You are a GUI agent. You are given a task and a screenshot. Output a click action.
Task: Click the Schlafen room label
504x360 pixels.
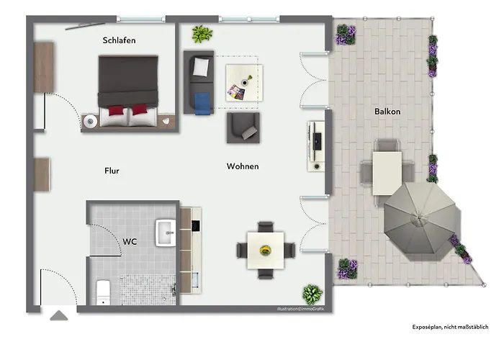120,41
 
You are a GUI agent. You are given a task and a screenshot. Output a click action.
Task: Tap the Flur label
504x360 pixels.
112,171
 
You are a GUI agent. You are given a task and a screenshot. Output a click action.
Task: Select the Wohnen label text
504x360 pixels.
243,166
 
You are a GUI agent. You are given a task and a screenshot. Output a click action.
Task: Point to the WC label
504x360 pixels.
130,242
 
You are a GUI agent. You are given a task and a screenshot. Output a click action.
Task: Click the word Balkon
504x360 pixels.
387,112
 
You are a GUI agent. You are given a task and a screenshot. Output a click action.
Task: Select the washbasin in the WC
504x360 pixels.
166,231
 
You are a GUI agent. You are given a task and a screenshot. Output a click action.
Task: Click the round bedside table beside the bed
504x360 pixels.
90,122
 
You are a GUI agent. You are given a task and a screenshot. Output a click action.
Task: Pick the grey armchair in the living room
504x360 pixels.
243,127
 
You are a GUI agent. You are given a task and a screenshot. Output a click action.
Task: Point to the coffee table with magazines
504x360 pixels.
244,83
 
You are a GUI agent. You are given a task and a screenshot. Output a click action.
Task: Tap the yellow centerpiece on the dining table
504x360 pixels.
266,251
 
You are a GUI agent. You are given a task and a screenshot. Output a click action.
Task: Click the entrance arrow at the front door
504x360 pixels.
58,314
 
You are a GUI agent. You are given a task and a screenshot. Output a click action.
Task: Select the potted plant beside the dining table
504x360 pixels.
312,294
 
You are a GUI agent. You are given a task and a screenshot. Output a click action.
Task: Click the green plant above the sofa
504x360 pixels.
201,33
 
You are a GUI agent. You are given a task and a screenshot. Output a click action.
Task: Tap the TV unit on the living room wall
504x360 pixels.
315,146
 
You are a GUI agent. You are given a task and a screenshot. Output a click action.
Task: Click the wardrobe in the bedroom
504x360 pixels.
44,66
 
